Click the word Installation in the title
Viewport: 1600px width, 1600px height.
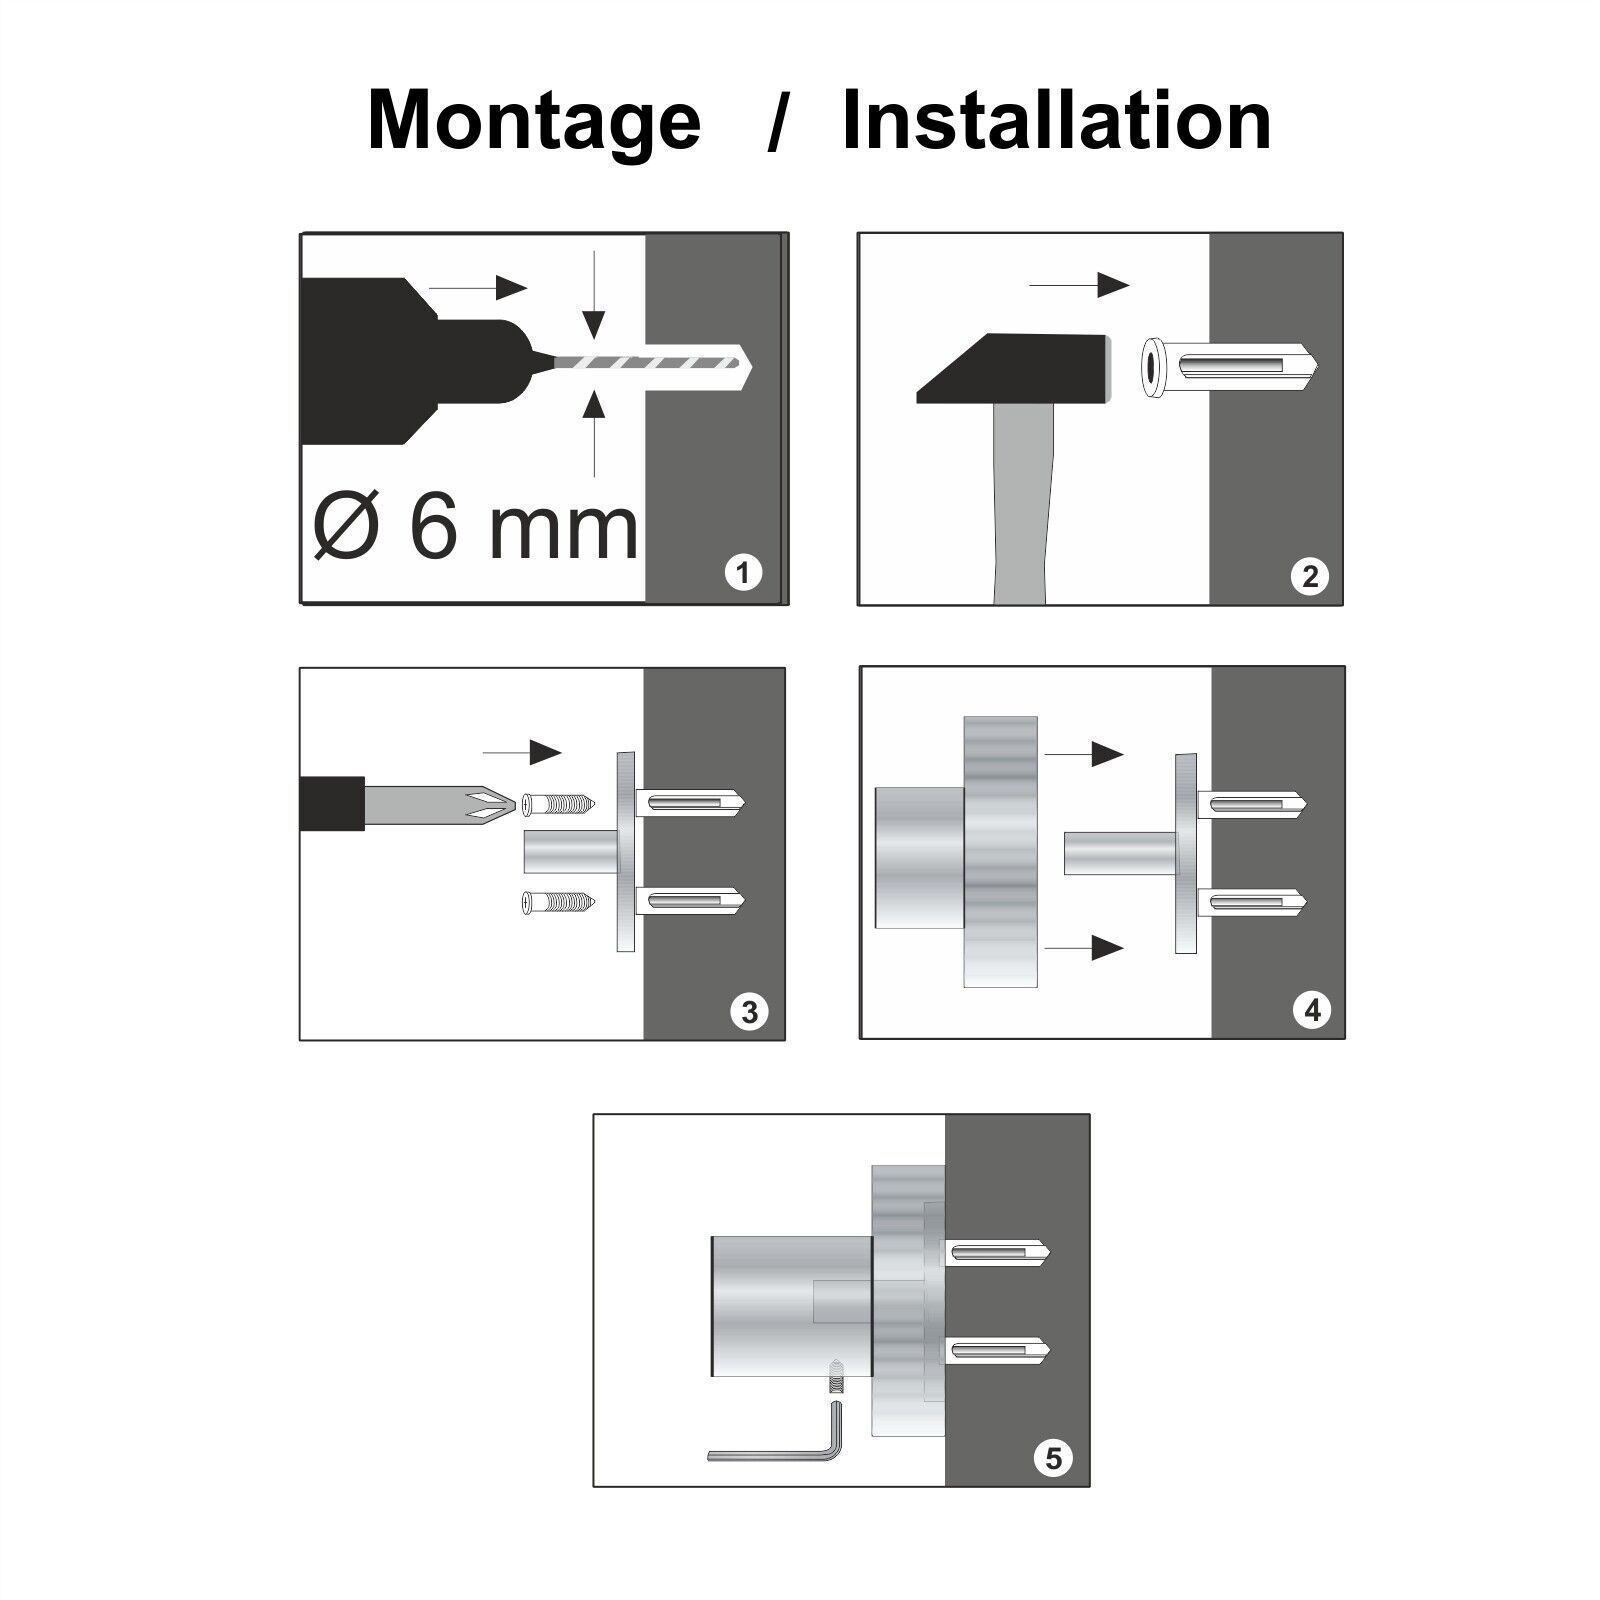tap(1056, 120)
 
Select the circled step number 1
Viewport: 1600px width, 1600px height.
tap(742, 574)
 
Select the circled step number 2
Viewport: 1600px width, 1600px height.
tap(1310, 576)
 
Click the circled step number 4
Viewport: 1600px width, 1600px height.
tap(1312, 1010)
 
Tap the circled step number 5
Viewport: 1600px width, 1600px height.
tap(1053, 1457)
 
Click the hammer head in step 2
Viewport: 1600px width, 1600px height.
tap(1014, 369)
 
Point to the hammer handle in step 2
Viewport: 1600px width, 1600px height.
tap(1024, 504)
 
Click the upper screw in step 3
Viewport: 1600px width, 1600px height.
tap(558, 803)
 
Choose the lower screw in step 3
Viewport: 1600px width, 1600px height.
tap(558, 904)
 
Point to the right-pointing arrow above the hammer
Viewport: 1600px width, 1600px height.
tap(1079, 285)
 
